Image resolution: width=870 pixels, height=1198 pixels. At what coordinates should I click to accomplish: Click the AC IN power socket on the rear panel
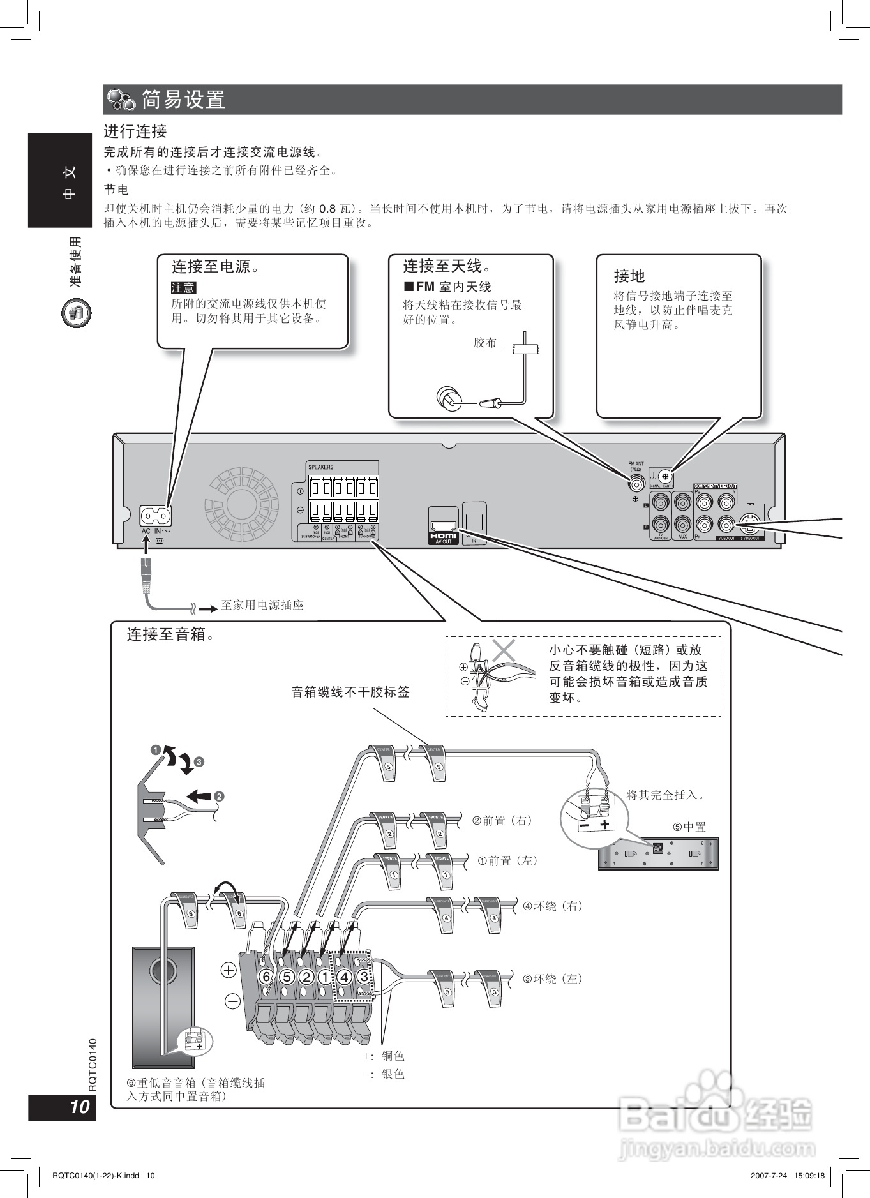pos(156,514)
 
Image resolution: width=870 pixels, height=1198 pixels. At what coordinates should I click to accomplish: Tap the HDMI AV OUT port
pos(443,526)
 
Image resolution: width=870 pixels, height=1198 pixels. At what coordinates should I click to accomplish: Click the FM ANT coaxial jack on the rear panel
pos(637,483)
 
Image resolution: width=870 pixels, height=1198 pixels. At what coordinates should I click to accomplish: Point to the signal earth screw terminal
pos(665,476)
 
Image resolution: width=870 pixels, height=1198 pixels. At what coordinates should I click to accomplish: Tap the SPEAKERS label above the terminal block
pos(321,467)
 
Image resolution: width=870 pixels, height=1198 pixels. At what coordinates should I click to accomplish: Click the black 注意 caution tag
pos(183,288)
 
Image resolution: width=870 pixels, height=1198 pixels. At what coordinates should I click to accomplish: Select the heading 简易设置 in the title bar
pos(183,100)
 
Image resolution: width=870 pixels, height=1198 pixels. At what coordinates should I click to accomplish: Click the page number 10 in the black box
pos(79,1107)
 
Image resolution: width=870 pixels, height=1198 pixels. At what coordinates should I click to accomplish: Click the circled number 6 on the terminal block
pos(267,977)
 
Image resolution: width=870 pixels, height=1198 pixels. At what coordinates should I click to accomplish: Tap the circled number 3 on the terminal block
pos(364,977)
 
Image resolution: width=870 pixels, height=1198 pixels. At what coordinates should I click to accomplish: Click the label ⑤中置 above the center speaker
pos(689,827)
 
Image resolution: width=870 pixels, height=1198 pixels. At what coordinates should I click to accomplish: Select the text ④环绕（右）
pos(553,906)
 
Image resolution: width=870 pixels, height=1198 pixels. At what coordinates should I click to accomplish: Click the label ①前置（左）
pos(507,861)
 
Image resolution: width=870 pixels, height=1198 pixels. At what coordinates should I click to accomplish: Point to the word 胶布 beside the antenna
pos(485,343)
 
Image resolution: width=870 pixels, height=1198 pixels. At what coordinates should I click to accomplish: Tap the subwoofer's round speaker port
pos(162,971)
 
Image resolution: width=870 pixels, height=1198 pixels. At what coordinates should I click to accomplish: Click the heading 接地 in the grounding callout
pos(629,276)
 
